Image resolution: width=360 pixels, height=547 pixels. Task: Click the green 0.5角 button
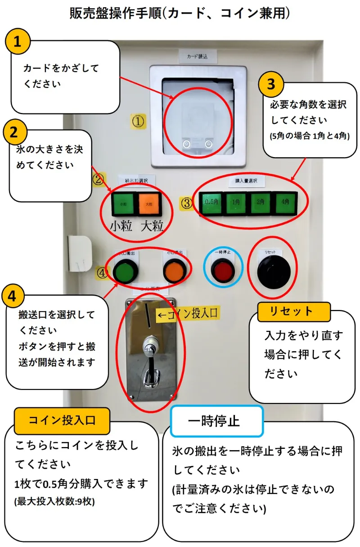(x=211, y=203)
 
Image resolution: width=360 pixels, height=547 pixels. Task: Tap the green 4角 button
(x=285, y=203)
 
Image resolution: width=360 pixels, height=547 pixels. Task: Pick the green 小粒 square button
(x=123, y=204)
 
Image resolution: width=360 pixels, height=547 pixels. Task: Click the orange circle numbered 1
(x=17, y=42)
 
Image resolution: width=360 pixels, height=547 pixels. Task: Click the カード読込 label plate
(x=198, y=57)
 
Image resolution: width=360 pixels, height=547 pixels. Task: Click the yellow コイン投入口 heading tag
(x=62, y=420)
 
